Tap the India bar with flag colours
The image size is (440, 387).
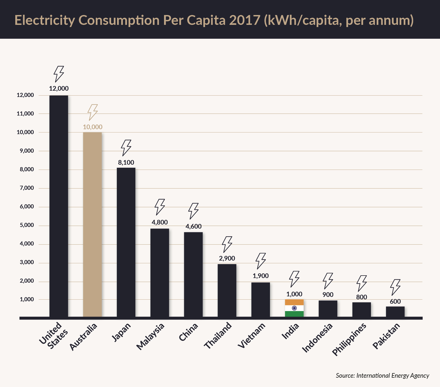(294, 308)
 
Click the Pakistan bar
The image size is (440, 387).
(395, 312)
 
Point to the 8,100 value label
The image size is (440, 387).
(126, 163)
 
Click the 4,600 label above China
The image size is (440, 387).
(194, 226)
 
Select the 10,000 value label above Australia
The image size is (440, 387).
(93, 127)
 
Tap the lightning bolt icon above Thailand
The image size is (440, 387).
(227, 244)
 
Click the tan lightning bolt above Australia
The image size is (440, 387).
(93, 112)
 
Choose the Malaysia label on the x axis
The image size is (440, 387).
(150, 336)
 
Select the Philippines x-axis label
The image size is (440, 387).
(349, 339)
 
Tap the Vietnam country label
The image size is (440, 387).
(252, 335)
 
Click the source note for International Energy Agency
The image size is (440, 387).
(382, 376)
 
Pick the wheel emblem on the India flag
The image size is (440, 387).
(294, 308)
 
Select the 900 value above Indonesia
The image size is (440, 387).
(328, 295)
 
